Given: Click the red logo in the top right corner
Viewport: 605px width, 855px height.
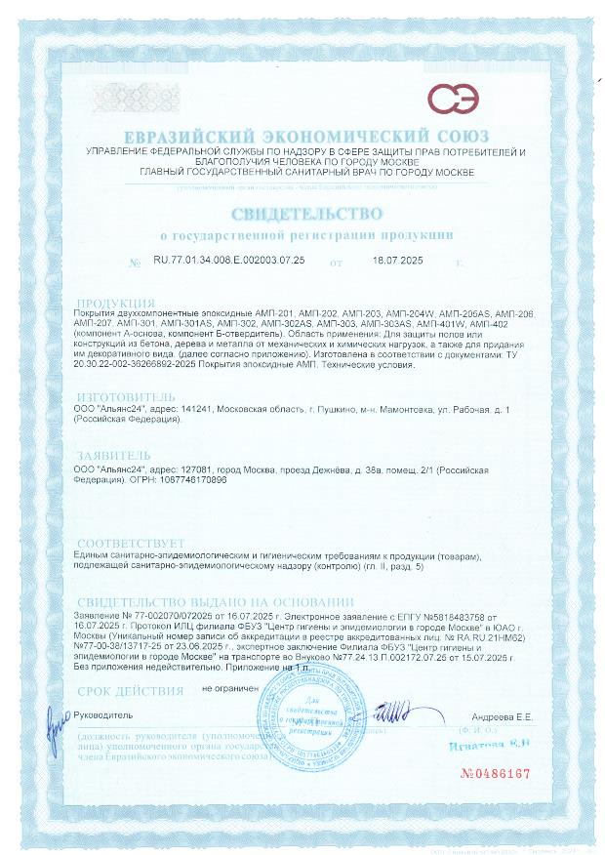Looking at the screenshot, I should coord(453,99).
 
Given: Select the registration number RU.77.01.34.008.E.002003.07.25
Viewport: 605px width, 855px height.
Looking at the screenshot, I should coord(229,262).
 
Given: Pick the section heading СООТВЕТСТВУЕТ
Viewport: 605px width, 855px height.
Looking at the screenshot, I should coord(131,542).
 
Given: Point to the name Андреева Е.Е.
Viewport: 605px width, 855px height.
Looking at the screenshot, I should coord(504,716).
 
